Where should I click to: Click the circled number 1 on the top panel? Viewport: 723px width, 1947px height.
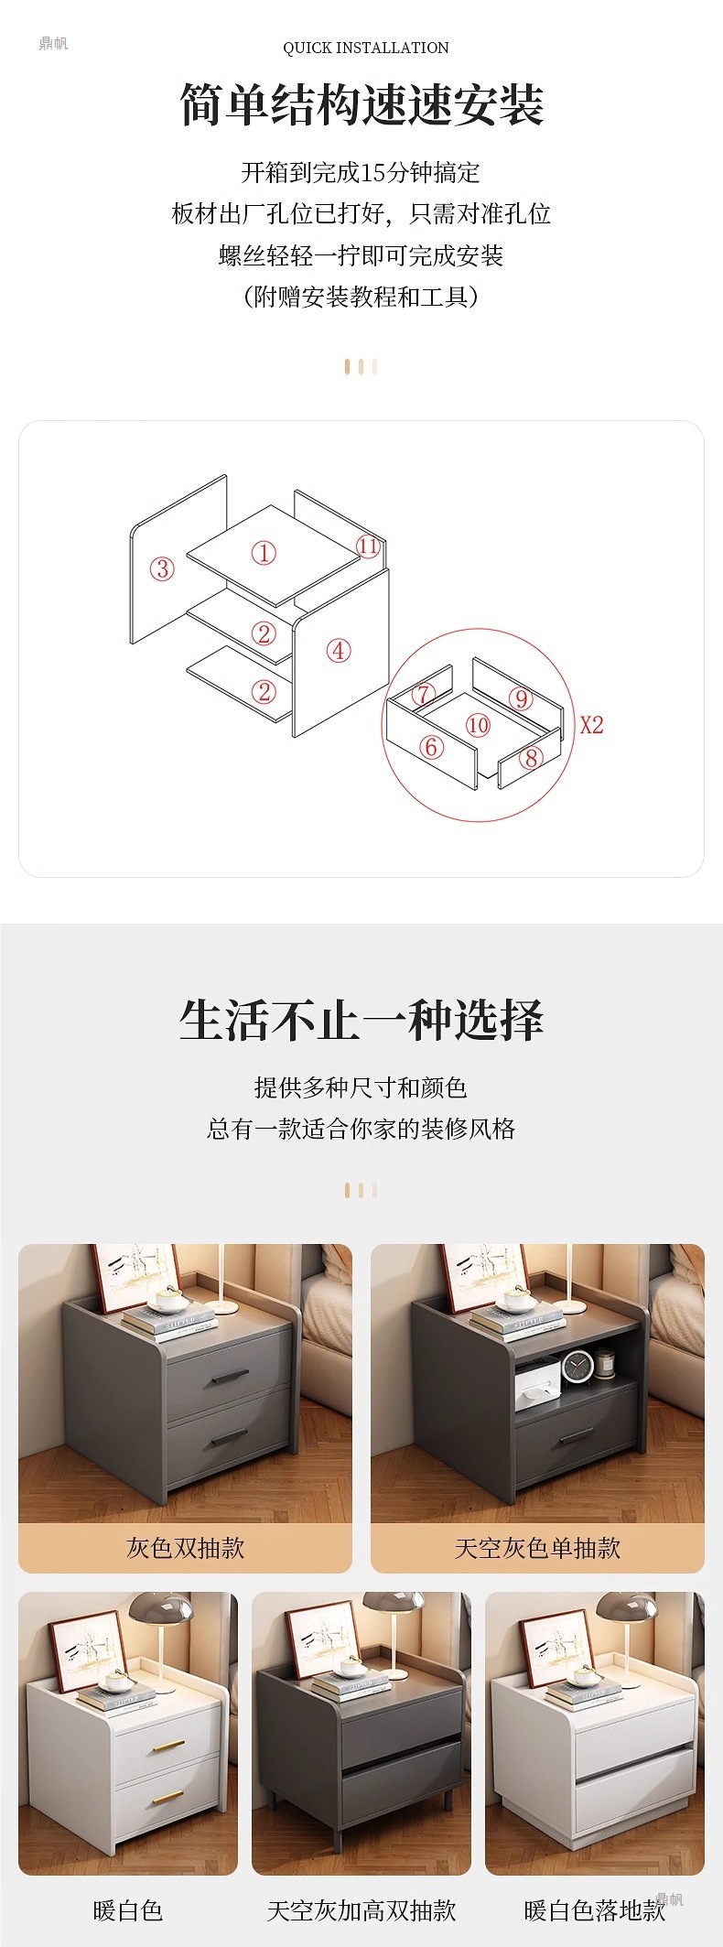click(x=264, y=553)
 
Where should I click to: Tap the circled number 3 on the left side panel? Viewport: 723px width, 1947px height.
click(x=162, y=568)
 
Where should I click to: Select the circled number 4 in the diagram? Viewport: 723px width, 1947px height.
click(x=339, y=651)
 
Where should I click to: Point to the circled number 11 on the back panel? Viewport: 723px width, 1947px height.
click(x=368, y=546)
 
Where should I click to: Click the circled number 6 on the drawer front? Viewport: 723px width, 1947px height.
click(x=431, y=747)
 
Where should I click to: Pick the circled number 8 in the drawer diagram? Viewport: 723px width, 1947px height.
click(x=531, y=757)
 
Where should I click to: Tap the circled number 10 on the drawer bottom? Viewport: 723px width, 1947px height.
click(x=478, y=726)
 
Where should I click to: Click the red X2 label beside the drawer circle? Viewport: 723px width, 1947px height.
click(x=592, y=725)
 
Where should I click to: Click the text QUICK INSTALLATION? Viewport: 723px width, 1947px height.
click(x=366, y=48)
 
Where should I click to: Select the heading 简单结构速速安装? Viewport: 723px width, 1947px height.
click(x=362, y=105)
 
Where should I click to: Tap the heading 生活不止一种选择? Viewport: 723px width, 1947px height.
click(x=362, y=1021)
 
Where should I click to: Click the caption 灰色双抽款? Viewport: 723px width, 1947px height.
click(x=186, y=1547)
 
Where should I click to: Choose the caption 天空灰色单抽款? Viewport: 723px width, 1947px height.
click(x=537, y=1547)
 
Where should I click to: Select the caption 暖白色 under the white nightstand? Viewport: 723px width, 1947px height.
click(x=128, y=1909)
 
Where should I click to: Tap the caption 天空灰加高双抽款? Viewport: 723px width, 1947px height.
click(x=361, y=1909)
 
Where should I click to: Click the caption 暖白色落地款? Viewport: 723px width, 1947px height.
click(x=595, y=1909)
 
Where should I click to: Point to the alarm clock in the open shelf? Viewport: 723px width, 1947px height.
click(x=577, y=1367)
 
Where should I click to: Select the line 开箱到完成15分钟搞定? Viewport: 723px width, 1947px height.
click(x=361, y=172)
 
